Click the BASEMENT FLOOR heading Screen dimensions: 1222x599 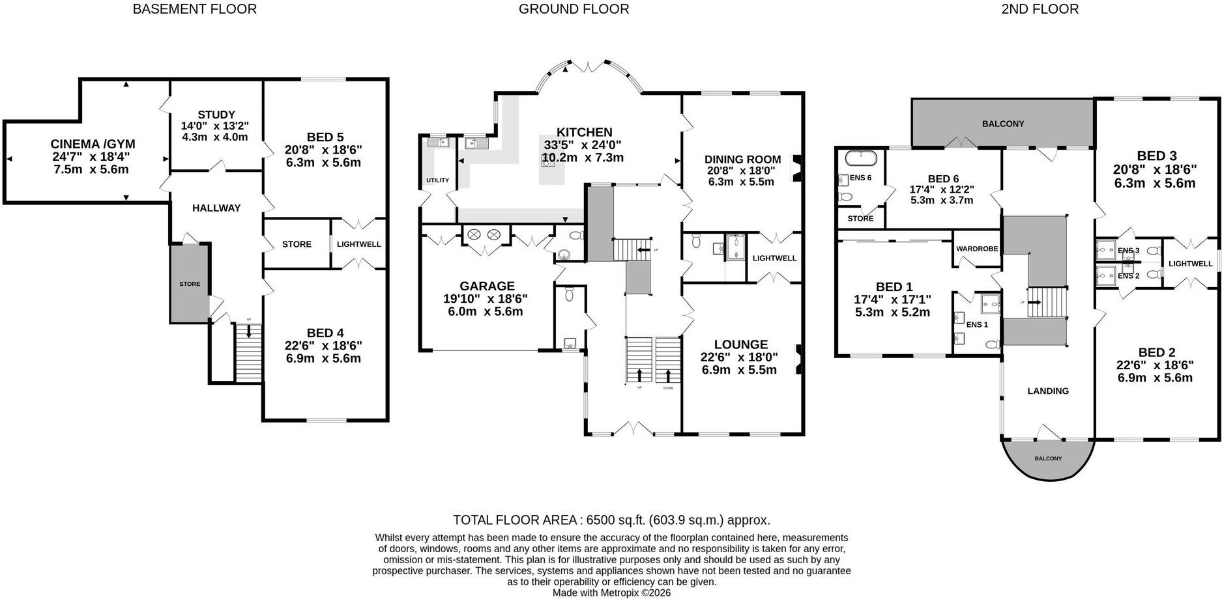tap(194, 9)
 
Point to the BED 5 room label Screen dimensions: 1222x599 tap(325, 137)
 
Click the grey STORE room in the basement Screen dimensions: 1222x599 tap(190, 283)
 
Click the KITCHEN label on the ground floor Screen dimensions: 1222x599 tap(585, 132)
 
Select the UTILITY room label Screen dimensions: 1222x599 tap(437, 180)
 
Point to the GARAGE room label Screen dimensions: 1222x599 tap(487, 286)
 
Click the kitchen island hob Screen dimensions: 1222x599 tap(547, 163)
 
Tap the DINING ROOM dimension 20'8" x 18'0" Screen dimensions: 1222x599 tap(741, 171)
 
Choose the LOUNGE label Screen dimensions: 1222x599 tap(741, 344)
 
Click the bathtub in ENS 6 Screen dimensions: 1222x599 tap(860, 158)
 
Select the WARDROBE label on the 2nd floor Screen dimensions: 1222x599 tap(977, 249)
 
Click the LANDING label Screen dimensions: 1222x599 tap(1048, 391)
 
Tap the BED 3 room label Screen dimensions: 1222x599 tap(1157, 156)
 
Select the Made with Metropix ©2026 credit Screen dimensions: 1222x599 tap(611, 593)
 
